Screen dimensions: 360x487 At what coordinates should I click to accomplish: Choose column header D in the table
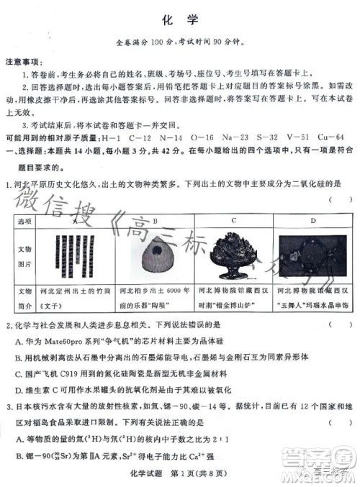312,221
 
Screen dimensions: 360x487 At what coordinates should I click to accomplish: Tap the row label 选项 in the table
25,221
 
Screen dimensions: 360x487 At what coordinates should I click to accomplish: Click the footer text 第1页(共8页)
216,471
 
